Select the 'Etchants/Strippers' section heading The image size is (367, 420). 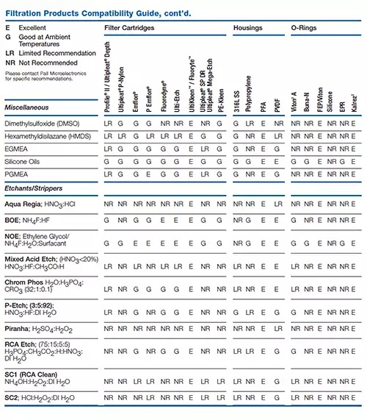pos(34,191)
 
